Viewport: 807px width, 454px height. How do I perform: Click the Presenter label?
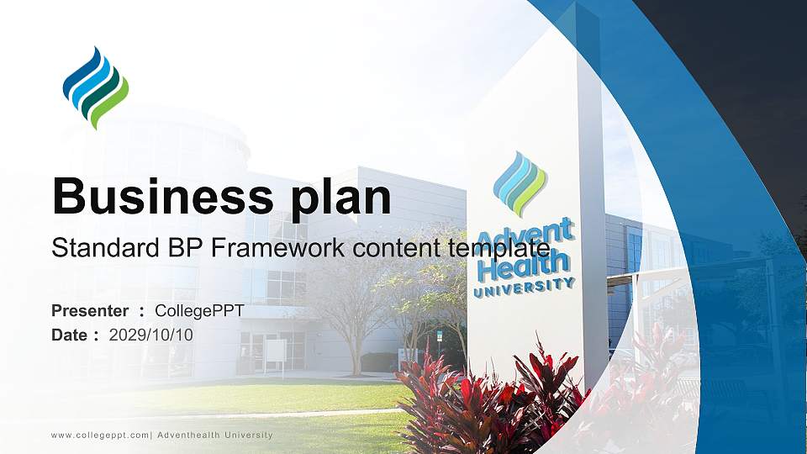point(90,311)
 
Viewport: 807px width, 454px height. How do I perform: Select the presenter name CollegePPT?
point(199,311)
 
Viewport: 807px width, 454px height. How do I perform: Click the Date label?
point(70,335)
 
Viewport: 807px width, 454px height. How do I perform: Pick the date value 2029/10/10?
point(151,335)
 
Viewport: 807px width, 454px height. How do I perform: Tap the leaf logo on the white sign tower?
point(520,183)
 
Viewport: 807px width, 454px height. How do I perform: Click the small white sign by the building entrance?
point(276,351)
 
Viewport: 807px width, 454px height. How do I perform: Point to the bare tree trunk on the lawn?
point(356,353)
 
